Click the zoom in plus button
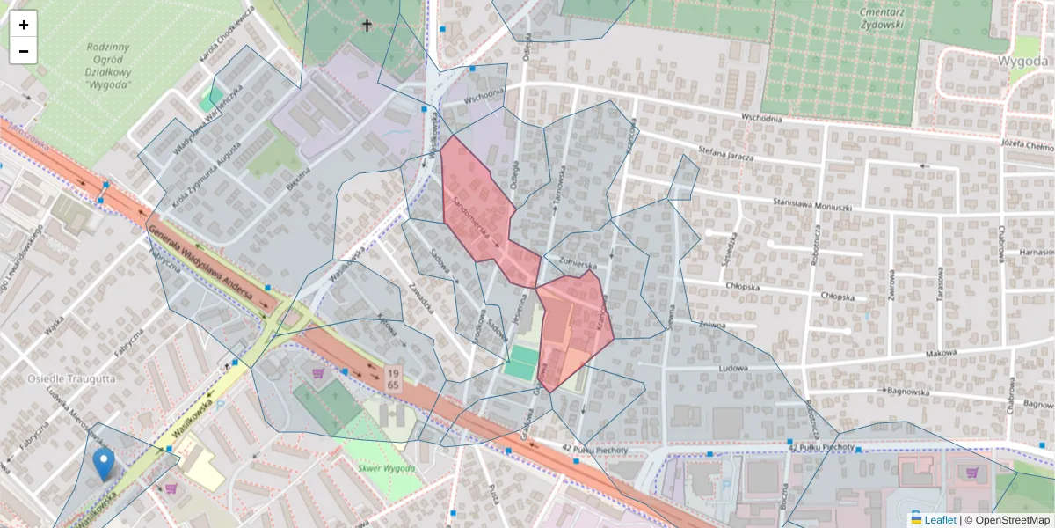click(24, 25)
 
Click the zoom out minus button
click(24, 51)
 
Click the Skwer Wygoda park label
click(389, 469)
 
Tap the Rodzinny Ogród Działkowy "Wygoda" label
click(109, 66)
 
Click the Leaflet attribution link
click(940, 520)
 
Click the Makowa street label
click(940, 353)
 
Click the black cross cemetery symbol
click(367, 26)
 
